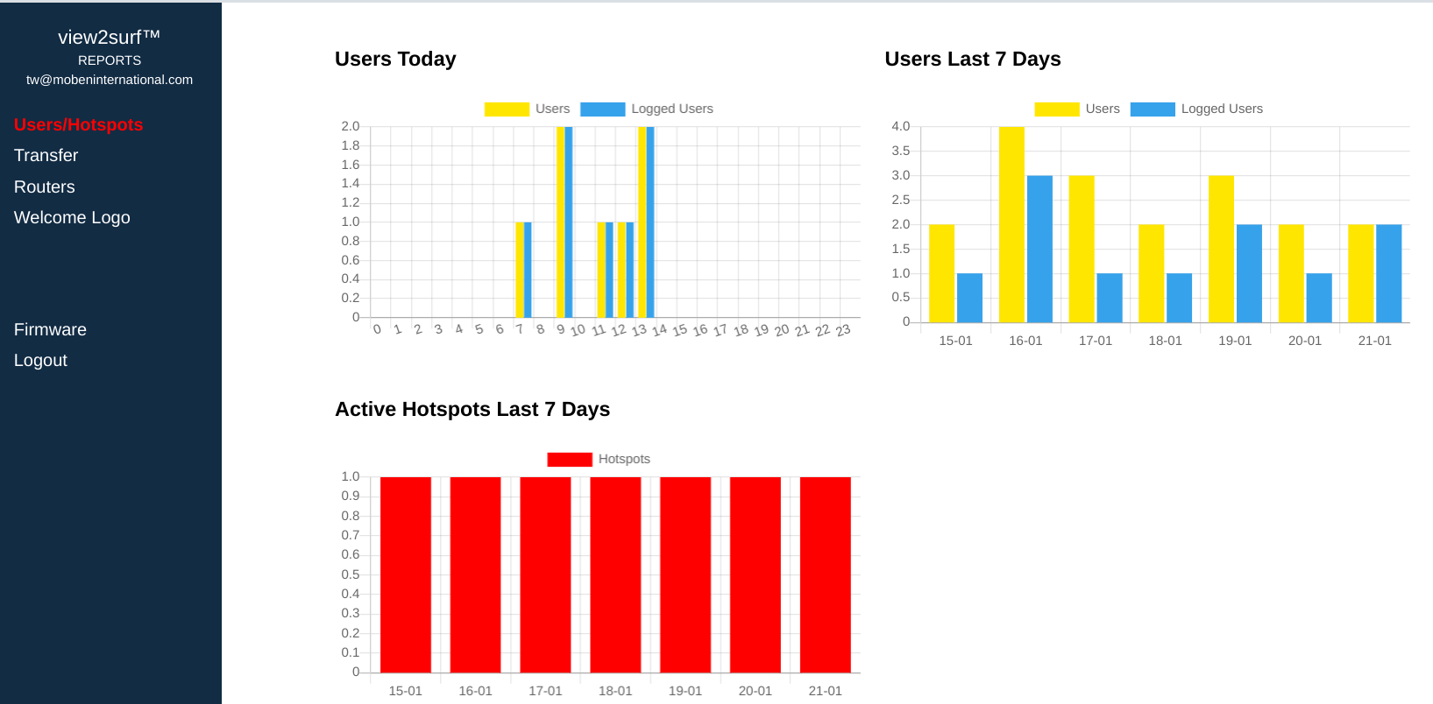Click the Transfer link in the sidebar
tap(46, 156)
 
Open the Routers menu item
tap(44, 187)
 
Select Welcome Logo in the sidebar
tap(72, 218)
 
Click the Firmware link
tap(50, 330)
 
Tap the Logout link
tap(40, 361)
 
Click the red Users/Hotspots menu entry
tap(78, 125)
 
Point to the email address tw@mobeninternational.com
tap(110, 80)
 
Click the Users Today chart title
tap(395, 60)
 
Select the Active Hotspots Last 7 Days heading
tap(472, 410)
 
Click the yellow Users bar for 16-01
tap(1011, 225)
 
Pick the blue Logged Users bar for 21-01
tap(1388, 273)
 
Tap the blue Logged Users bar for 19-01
tap(1249, 273)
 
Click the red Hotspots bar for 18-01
tap(615, 574)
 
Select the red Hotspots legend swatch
tap(570, 460)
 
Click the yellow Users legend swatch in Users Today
tap(507, 109)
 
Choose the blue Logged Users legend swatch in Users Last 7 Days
tap(1153, 109)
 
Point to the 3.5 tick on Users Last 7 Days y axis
tap(900, 151)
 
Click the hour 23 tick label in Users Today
tap(843, 331)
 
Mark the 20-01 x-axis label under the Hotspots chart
tap(755, 691)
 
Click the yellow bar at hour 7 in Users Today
tap(520, 270)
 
